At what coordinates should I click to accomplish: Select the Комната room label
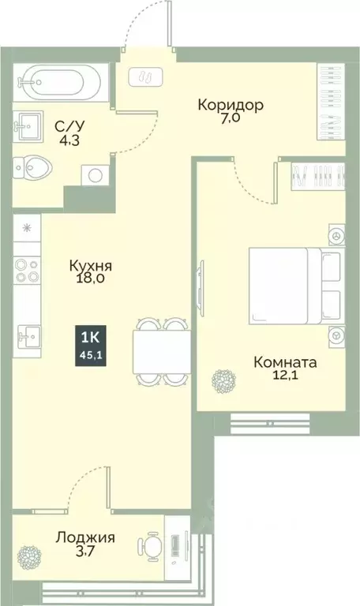click(284, 363)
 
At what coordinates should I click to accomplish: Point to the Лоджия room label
click(85, 539)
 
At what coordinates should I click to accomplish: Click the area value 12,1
click(285, 378)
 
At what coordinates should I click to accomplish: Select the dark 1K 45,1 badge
click(89, 345)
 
